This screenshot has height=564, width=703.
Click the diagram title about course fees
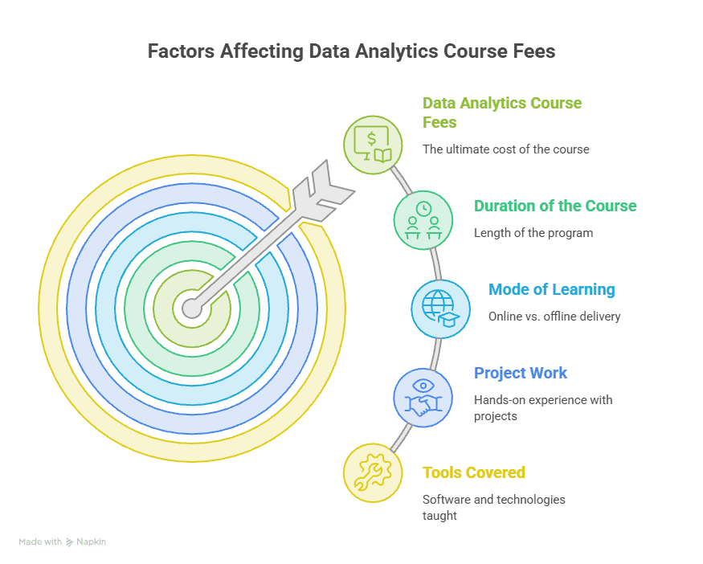coord(352,51)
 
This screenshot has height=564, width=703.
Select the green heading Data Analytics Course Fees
coord(502,112)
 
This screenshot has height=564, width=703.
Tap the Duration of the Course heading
coord(555,206)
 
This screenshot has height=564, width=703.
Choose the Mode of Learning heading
coord(551,289)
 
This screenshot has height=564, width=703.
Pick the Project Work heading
coord(521,373)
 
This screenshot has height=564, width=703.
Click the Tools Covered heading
coord(474,472)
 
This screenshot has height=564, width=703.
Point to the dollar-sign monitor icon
coord(373,145)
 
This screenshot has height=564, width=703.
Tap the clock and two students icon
coord(423,220)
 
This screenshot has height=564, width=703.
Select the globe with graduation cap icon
coord(441,309)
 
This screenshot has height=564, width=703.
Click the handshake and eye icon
coord(423,398)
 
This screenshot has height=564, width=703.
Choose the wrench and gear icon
coord(373,473)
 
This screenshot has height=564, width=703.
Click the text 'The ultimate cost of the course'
coord(505,149)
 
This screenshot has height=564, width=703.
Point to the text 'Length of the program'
coord(533,233)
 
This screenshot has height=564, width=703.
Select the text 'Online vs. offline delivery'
coord(554,317)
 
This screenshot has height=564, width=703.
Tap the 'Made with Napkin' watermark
coord(63,542)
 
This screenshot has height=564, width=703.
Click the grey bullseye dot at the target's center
coord(192,309)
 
